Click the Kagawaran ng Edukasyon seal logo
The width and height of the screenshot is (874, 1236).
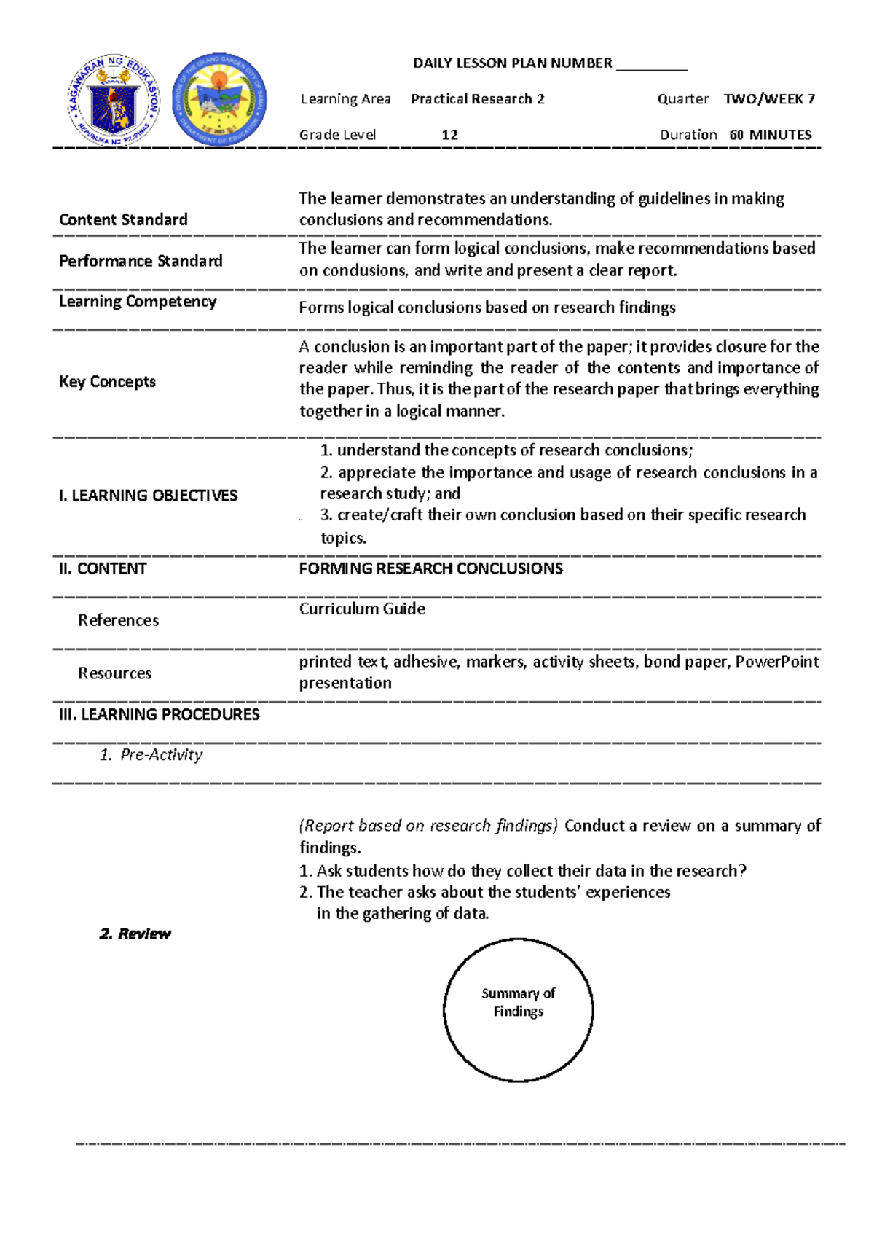point(114,100)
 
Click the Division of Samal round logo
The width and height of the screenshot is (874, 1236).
point(219,100)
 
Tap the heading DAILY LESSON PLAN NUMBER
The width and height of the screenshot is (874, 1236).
point(512,63)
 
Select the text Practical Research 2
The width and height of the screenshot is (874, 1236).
point(477,99)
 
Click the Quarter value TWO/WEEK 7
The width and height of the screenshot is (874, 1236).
point(769,99)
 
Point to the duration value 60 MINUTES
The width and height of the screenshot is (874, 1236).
point(770,135)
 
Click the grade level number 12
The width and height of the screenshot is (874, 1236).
point(449,135)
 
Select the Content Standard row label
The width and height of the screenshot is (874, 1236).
point(123,220)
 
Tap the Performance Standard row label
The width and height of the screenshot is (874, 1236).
point(141,261)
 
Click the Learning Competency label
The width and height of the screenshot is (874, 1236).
point(138,302)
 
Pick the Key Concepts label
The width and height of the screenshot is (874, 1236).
point(107,382)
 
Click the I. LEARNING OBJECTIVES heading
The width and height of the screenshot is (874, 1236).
point(148,496)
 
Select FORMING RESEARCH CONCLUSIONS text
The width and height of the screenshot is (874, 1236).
point(430,568)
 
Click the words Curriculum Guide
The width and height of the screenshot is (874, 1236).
point(362,609)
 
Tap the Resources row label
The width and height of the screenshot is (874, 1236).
point(114,673)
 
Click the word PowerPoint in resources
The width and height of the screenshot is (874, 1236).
point(776,662)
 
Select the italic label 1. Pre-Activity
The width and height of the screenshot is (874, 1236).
point(151,755)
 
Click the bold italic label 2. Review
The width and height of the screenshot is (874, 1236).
point(135,934)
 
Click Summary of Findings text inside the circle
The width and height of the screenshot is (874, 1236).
point(518,1002)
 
